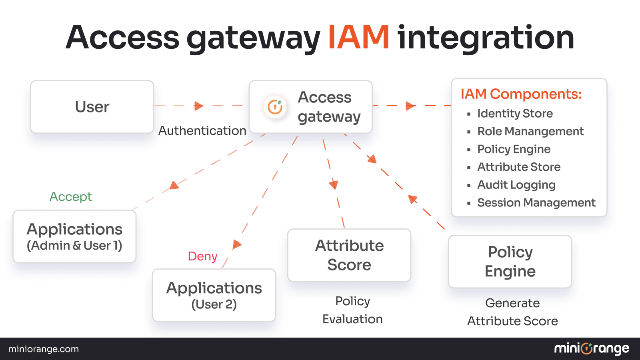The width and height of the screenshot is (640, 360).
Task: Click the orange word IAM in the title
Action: point(358,37)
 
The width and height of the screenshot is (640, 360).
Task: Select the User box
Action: point(92,107)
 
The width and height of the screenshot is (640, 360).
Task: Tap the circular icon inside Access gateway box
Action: point(275,107)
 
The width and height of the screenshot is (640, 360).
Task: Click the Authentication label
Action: point(202,131)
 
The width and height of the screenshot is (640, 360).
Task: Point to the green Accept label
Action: point(70,196)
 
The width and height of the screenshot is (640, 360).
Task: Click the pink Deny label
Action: point(202,256)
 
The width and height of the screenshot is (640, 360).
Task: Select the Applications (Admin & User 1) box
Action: point(74,236)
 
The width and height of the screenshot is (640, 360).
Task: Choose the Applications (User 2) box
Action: point(214,295)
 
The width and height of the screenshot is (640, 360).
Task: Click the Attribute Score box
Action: point(349,255)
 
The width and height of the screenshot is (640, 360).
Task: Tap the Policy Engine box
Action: point(510,262)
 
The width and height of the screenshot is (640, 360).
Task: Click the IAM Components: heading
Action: point(521,94)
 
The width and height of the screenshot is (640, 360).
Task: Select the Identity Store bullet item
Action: point(515,114)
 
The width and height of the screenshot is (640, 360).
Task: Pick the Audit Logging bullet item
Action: point(516,185)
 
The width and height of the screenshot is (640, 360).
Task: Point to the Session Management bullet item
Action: point(536,203)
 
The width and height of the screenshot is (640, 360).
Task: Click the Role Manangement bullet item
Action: point(530,131)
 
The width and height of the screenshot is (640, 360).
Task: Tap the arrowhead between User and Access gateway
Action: point(198,106)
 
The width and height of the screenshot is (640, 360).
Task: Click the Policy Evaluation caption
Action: point(352,310)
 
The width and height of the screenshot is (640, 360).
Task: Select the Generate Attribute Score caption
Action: point(512,312)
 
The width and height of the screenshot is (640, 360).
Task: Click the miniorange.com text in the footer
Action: point(44,349)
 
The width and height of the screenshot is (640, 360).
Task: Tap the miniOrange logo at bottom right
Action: point(591,349)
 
